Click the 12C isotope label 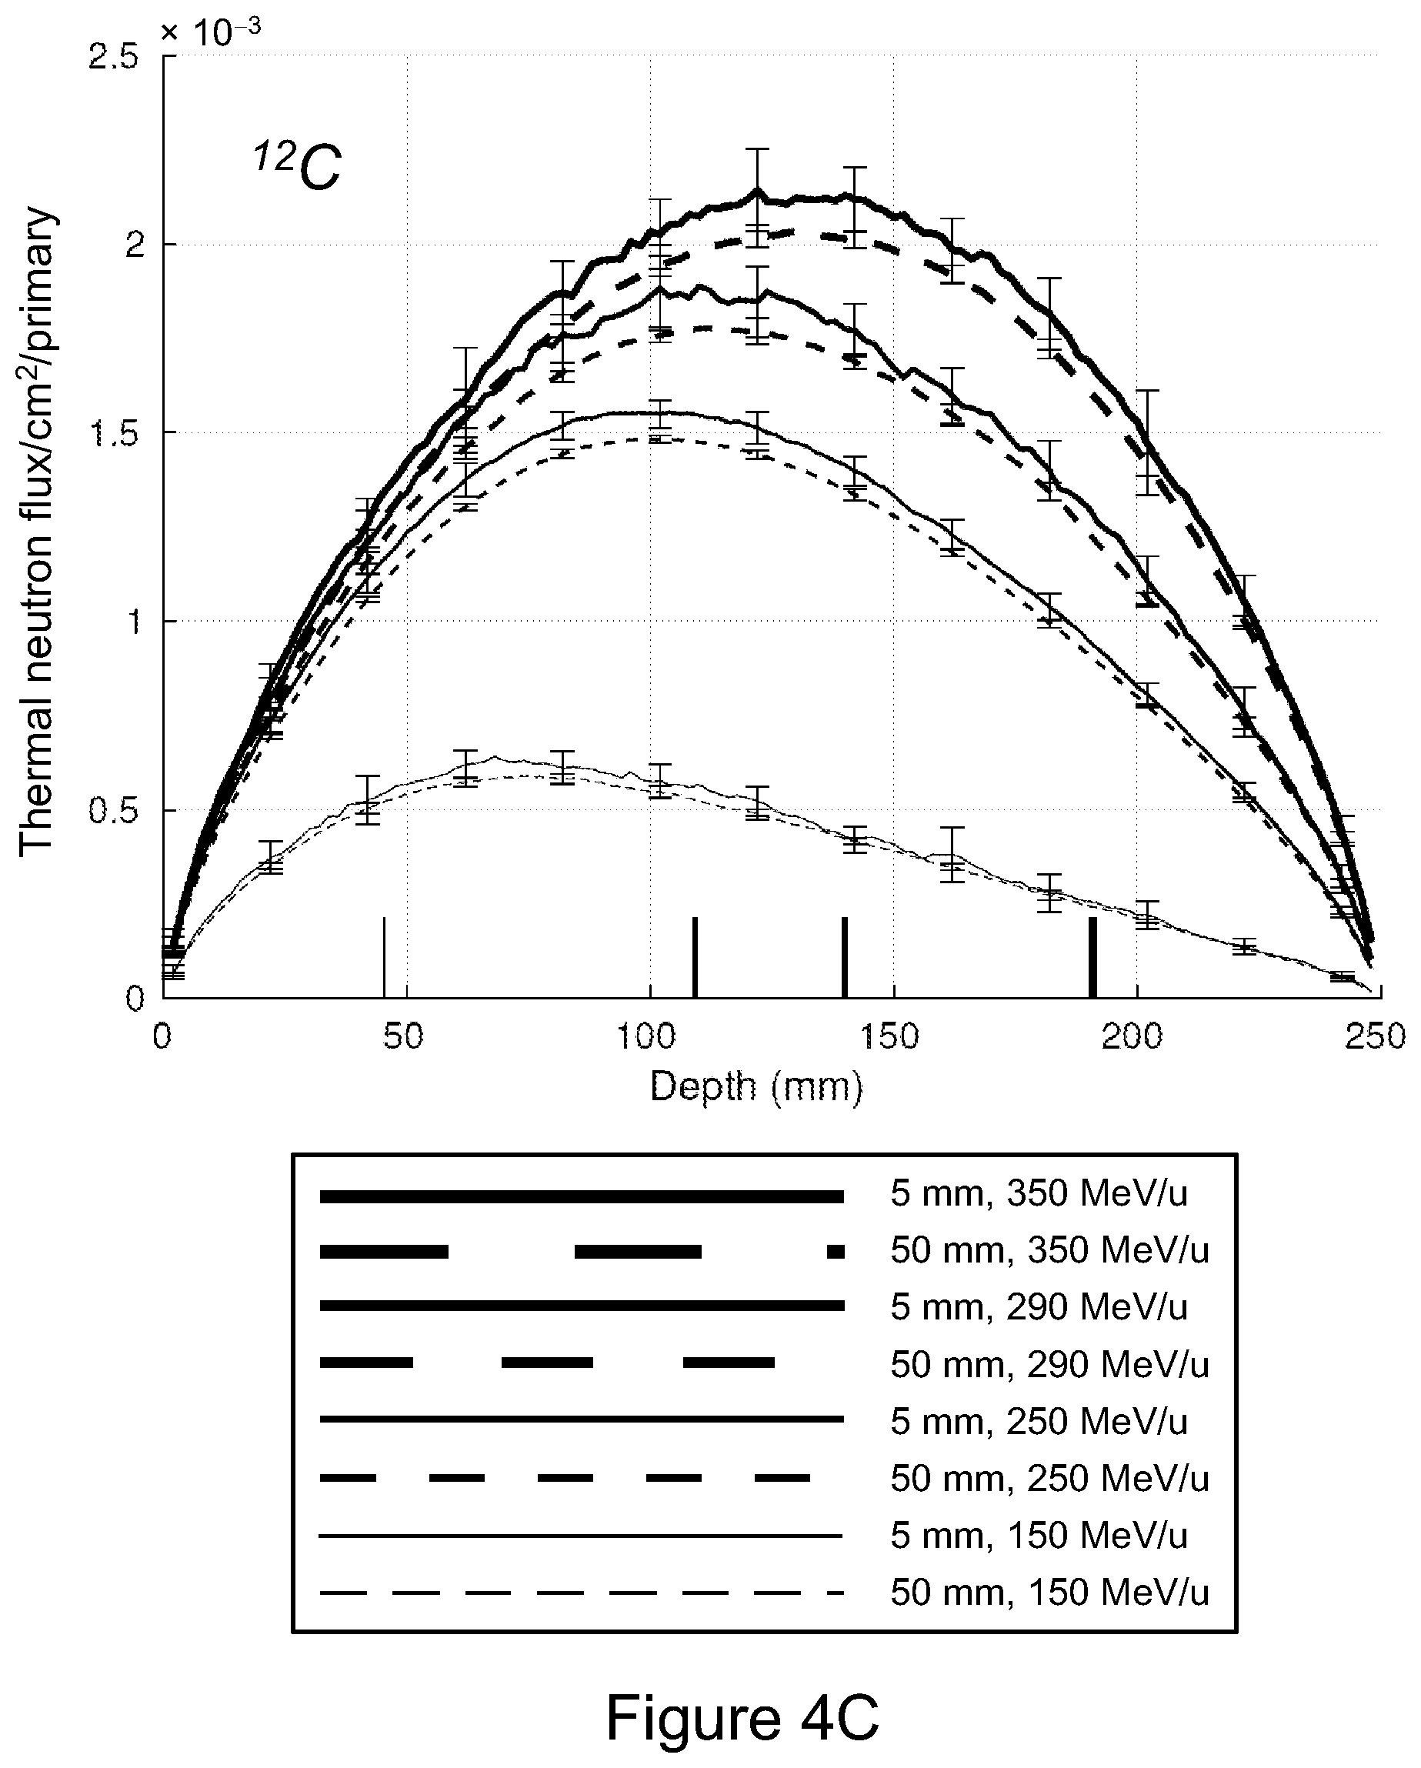296,166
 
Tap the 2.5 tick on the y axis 113,58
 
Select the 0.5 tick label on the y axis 113,811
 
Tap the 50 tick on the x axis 403,1037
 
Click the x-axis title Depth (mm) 756,1088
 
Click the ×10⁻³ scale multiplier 211,33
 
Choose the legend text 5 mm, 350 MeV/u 1039,1194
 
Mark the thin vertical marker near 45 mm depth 384,957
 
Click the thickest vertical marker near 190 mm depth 1092,957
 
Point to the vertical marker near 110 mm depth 695,957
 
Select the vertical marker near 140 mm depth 845,957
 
